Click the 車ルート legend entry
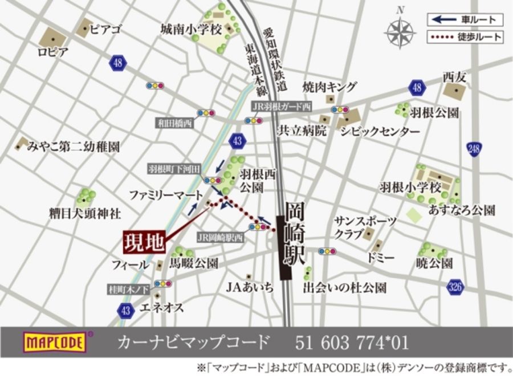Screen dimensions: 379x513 point(465,20)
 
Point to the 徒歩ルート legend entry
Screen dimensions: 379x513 point(465,38)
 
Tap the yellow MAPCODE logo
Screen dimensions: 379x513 point(55,343)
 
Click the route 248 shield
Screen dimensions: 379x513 point(474,149)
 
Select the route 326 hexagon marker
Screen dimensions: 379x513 point(454,287)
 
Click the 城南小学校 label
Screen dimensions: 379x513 point(190,29)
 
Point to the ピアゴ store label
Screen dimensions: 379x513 point(105,30)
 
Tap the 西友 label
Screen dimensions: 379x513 point(454,76)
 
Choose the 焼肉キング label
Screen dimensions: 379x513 point(329,87)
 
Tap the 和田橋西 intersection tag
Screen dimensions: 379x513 point(176,123)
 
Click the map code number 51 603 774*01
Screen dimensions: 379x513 point(352,343)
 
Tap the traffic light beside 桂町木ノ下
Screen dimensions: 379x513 point(163,283)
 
